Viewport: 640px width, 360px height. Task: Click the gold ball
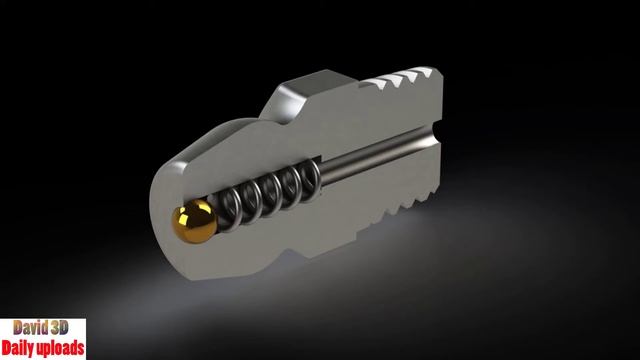(195, 221)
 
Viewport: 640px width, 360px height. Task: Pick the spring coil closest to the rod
(309, 180)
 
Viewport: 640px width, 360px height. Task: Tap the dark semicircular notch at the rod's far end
(438, 131)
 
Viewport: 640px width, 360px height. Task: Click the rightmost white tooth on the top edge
(425, 72)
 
